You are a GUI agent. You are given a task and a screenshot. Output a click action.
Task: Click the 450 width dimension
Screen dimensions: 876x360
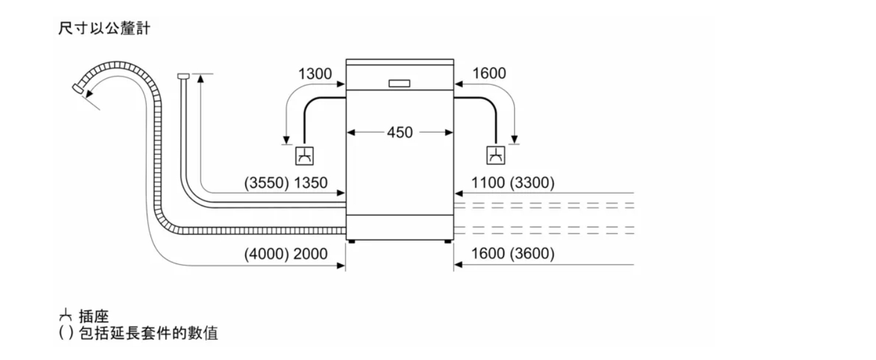(400, 133)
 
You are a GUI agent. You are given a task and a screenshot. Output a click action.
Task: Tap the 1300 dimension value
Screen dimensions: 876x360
(315, 73)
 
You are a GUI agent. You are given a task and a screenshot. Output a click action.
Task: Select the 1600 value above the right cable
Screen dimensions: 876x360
(489, 73)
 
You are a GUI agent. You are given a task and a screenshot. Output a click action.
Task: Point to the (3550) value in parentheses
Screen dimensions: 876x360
(267, 183)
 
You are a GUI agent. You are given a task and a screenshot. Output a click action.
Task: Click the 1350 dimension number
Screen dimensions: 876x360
(311, 183)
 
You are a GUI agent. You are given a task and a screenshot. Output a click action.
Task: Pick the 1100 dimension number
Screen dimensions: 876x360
(488, 183)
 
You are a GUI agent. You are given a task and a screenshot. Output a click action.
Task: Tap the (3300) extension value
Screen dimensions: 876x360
(532, 183)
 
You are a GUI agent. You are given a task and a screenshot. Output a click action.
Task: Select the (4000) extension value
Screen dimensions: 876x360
(267, 254)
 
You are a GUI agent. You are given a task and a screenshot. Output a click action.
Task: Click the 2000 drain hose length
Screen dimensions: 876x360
(311, 254)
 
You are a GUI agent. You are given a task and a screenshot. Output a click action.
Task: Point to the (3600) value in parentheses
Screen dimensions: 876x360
(532, 254)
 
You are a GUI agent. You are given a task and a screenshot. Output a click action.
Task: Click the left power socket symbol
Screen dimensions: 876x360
(304, 156)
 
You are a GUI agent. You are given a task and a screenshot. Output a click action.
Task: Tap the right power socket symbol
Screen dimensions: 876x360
(496, 155)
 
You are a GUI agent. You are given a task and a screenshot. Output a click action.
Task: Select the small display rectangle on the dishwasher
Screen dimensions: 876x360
(399, 83)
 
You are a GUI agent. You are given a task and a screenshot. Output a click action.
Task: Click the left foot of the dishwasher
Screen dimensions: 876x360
(352, 241)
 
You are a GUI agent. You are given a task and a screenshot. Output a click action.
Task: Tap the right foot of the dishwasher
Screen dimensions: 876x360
(447, 241)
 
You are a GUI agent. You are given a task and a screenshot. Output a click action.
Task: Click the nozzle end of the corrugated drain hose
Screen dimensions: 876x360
(78, 89)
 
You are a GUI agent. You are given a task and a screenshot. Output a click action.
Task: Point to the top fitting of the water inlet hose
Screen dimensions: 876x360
(183, 76)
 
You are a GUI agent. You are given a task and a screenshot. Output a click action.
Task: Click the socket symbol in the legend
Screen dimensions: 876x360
(65, 315)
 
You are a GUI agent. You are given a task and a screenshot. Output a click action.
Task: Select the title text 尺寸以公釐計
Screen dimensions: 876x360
(104, 29)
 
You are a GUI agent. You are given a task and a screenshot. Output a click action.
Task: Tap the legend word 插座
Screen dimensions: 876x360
(94, 316)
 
